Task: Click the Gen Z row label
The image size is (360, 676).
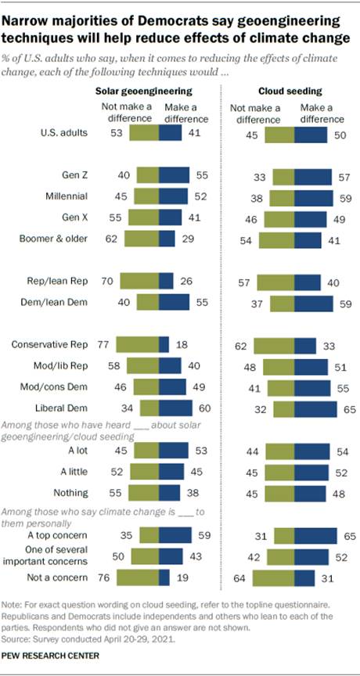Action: coord(76,176)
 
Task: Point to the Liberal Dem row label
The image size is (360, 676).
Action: coord(68,407)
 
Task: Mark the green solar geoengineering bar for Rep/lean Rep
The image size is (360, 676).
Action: coord(136,279)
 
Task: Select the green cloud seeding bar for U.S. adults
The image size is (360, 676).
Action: coord(280,134)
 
